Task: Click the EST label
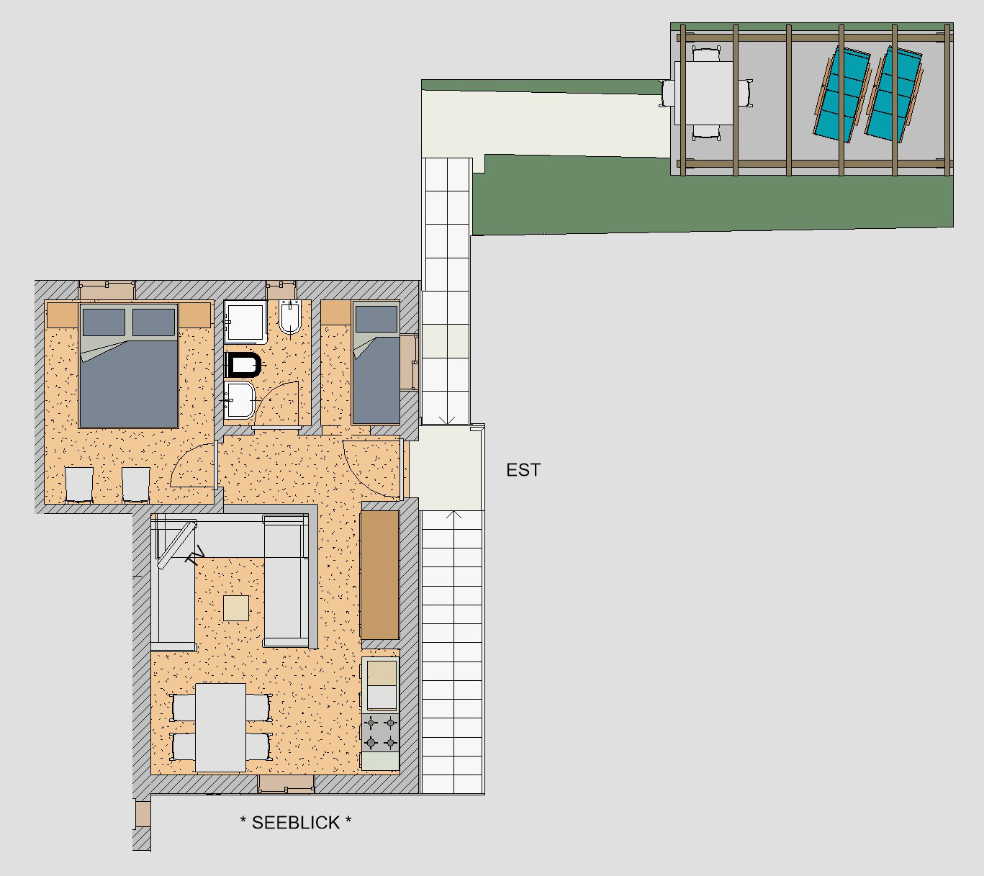(x=523, y=470)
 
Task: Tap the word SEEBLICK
(x=296, y=823)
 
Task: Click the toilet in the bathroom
(x=243, y=365)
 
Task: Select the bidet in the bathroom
(x=290, y=317)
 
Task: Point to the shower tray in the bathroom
(x=245, y=322)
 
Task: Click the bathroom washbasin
(x=240, y=400)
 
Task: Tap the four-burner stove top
(x=380, y=733)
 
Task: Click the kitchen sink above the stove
(x=381, y=685)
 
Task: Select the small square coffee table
(x=236, y=608)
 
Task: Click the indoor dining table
(x=220, y=728)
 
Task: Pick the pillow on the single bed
(x=376, y=319)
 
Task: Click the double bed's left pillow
(x=104, y=322)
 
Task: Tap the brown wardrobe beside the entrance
(x=380, y=574)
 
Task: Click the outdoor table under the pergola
(x=704, y=94)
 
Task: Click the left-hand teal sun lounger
(x=842, y=94)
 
